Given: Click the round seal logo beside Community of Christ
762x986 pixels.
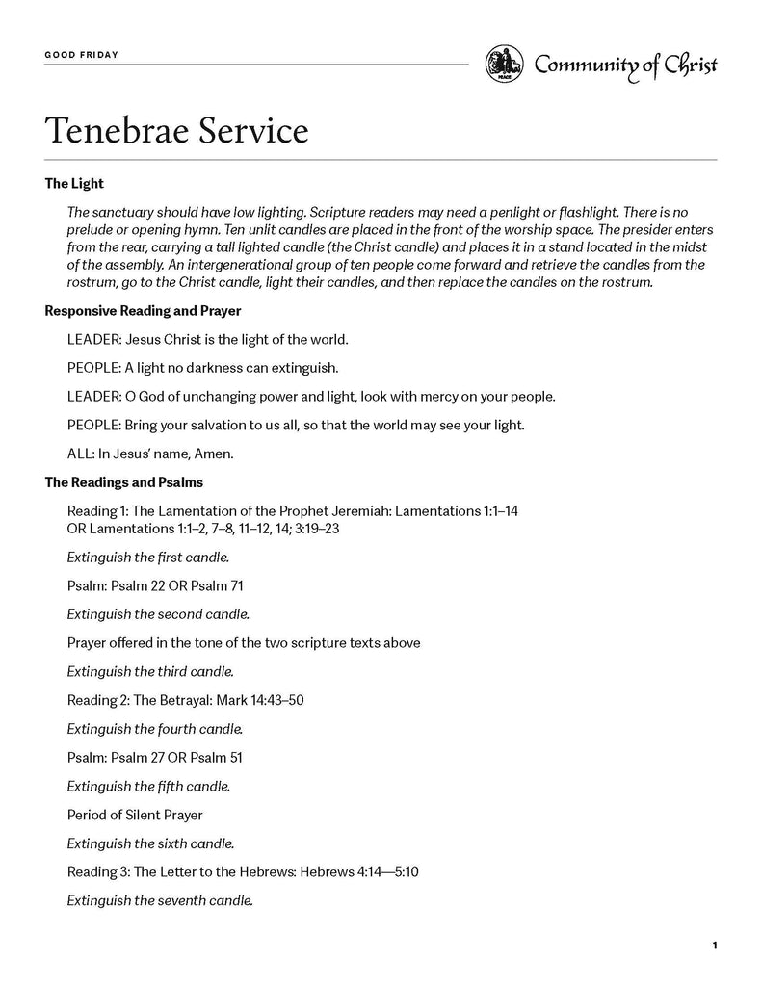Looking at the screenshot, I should point(504,65).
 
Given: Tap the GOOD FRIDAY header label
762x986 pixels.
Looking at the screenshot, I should point(82,55).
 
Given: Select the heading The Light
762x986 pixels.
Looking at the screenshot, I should point(74,183).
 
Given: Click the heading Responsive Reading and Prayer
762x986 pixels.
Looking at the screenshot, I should point(144,311).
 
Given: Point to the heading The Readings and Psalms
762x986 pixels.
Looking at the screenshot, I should point(124,481).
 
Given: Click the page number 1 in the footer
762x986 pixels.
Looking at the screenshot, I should point(715,946).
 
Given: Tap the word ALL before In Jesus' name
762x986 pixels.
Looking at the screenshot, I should point(80,454).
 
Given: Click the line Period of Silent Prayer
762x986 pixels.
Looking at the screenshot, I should point(135,815).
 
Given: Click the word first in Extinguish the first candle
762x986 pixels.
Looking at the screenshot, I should point(169,557).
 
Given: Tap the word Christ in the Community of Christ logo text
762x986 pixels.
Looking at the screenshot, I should point(686,65).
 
